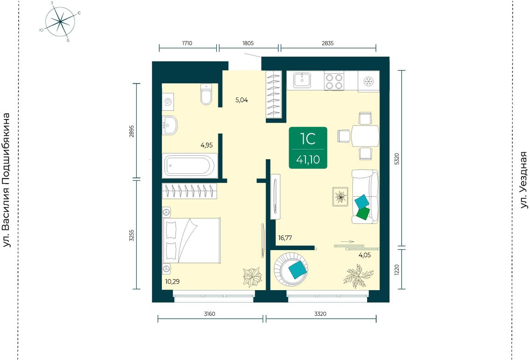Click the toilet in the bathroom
point(206,94)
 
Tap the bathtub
point(190,166)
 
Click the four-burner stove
point(334,81)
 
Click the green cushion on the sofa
point(363,213)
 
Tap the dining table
point(365,136)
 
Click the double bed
point(192,240)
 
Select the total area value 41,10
point(308,160)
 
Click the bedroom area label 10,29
point(173,281)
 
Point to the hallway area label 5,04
point(242,100)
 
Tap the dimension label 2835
point(328,43)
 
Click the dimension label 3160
point(210,314)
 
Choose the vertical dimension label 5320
point(397,159)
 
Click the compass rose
point(60,22)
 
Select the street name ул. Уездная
point(524,180)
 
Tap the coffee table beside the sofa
point(340,196)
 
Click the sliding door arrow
point(347,242)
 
